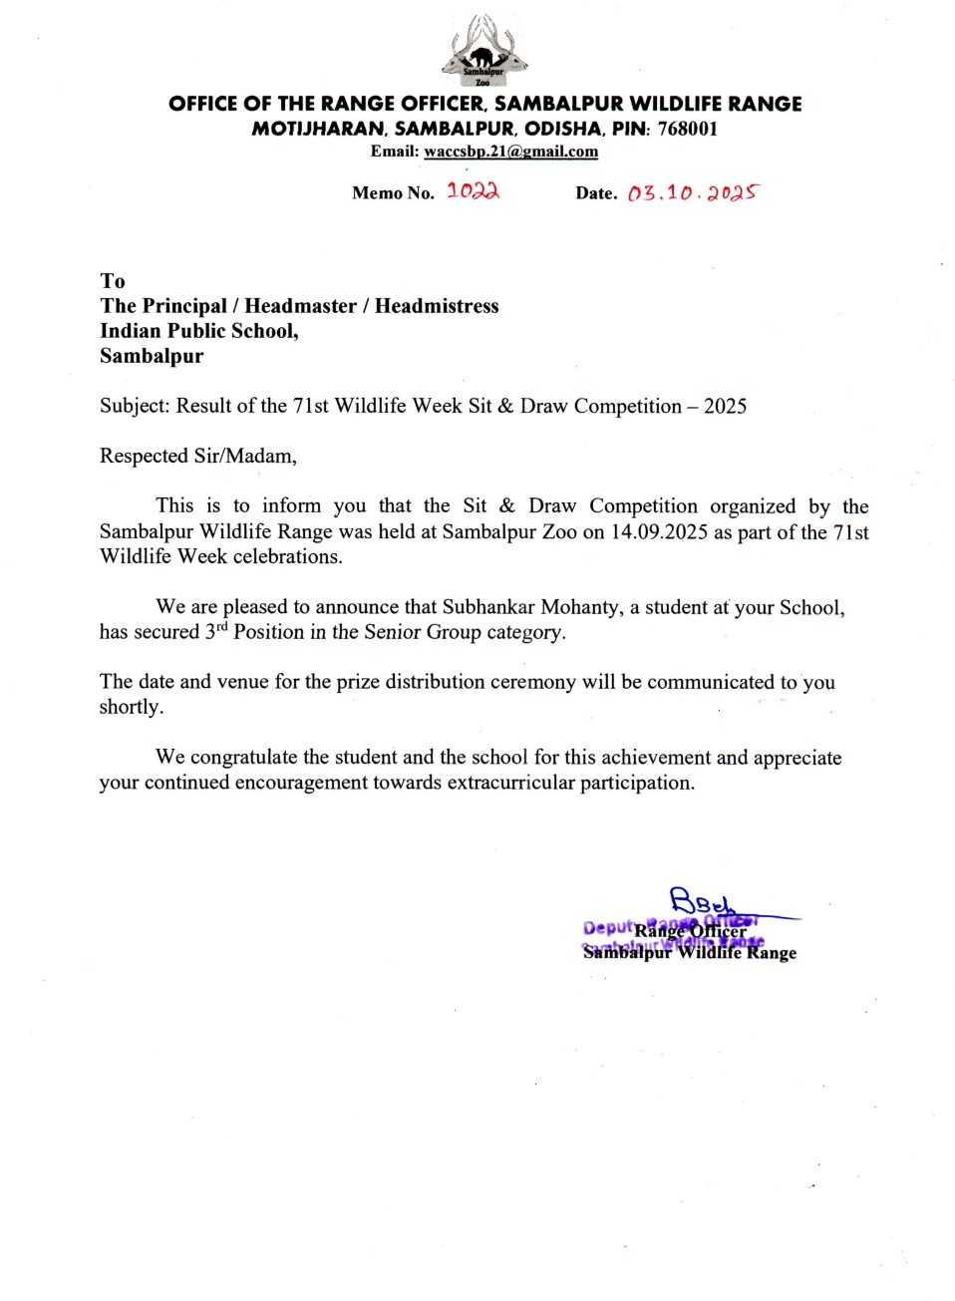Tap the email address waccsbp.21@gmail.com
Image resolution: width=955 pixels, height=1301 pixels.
click(x=510, y=152)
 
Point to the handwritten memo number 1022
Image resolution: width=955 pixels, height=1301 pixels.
click(x=473, y=190)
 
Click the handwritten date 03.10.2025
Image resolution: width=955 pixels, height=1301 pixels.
click(x=692, y=192)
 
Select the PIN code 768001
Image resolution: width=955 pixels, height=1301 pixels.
click(x=687, y=129)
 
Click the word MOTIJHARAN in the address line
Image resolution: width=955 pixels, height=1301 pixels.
click(x=318, y=129)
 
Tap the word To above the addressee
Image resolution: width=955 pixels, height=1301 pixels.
click(x=113, y=281)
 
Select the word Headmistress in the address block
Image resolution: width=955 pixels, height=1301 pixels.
click(x=437, y=306)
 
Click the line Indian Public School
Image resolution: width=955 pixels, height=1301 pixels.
click(x=198, y=331)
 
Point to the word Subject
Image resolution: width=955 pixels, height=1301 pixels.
click(x=135, y=407)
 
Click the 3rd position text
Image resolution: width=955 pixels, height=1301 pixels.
click(x=215, y=632)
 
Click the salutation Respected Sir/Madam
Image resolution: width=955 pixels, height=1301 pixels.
click(x=197, y=457)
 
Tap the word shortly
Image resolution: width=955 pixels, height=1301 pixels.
click(x=131, y=707)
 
